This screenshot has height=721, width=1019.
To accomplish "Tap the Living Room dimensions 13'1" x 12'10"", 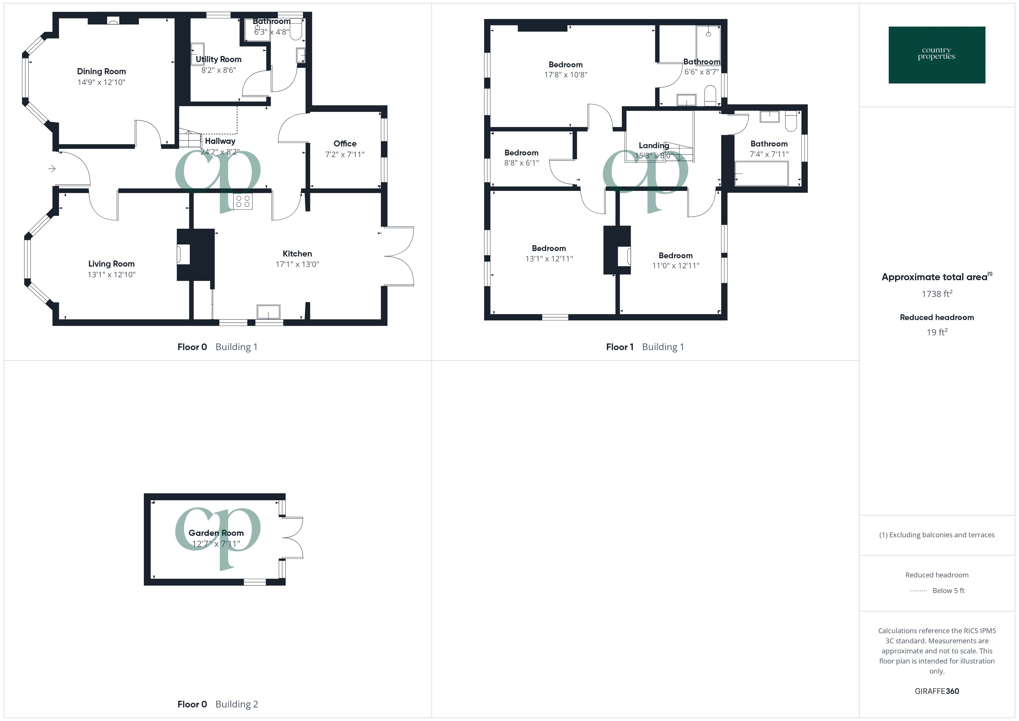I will click(111, 275).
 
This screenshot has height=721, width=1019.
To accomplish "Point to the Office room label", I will click(345, 143).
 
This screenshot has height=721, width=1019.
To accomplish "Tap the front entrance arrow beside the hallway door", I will click(52, 169).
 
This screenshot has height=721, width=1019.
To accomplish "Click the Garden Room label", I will click(216, 533).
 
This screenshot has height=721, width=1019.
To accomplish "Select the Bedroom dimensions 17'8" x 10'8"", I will click(566, 75).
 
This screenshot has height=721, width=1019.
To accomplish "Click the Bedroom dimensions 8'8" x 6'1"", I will click(521, 163).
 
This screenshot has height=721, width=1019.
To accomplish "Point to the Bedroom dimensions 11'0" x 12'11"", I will click(676, 266).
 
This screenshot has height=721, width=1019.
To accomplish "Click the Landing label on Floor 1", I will click(653, 145).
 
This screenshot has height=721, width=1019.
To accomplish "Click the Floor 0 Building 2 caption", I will click(217, 704).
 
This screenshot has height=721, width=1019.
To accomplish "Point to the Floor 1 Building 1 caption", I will click(645, 347).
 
